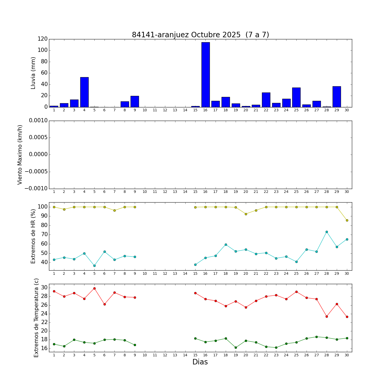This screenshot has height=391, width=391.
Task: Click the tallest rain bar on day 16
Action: (205, 75)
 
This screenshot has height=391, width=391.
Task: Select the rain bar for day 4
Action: (84, 92)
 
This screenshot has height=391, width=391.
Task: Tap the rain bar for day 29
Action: (337, 97)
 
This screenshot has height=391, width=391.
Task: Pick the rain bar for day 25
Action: (296, 97)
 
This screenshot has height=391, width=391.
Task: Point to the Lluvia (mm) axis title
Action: (33, 73)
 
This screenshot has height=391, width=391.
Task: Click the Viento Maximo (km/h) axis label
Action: (20, 155)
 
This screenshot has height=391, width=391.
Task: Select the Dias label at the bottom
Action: (200, 362)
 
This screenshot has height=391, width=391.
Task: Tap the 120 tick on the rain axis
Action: (42, 39)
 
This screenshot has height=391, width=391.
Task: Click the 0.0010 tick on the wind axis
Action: (38, 121)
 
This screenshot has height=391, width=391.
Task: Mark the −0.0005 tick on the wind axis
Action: (36, 172)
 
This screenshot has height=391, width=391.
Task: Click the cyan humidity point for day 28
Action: (327, 232)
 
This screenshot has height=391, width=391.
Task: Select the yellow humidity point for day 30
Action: (347, 220)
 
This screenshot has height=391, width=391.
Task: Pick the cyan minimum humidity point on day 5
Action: (94, 266)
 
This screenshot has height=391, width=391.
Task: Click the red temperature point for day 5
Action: (94, 288)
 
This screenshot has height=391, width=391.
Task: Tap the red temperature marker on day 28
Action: (327, 316)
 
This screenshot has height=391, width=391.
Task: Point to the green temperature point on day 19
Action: (236, 347)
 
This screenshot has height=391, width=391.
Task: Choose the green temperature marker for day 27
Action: (316, 337)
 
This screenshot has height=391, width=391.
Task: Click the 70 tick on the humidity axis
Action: (44, 235)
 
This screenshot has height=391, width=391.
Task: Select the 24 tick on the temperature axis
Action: (44, 314)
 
